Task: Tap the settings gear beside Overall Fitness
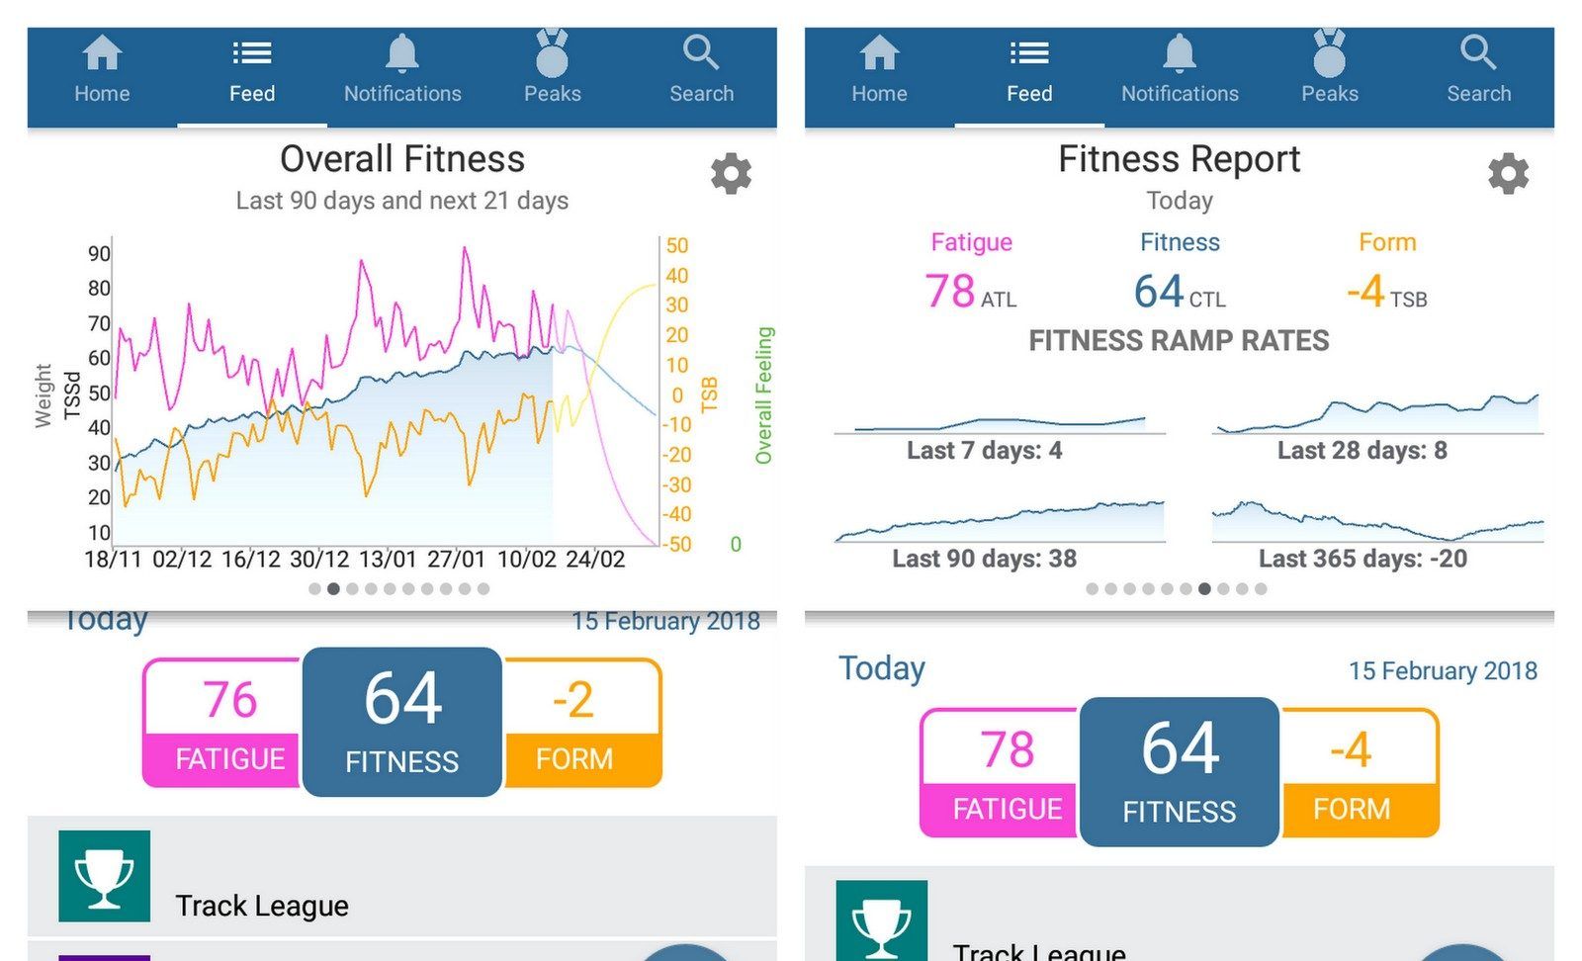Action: tap(731, 174)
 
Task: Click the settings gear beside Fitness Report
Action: tap(1508, 174)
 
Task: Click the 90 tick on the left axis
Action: tap(99, 254)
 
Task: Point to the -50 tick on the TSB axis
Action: tap(676, 545)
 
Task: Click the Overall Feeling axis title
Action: tap(763, 395)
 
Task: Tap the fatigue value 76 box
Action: tap(229, 700)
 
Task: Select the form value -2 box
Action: tap(573, 700)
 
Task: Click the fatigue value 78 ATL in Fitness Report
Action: tap(970, 292)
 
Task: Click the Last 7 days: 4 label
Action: tap(984, 451)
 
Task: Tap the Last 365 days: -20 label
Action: tap(1362, 559)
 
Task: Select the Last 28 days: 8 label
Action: tap(1362, 451)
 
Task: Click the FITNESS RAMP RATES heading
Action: tap(1179, 341)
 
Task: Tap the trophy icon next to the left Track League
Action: tap(105, 876)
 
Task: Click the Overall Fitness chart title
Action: tap(402, 159)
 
